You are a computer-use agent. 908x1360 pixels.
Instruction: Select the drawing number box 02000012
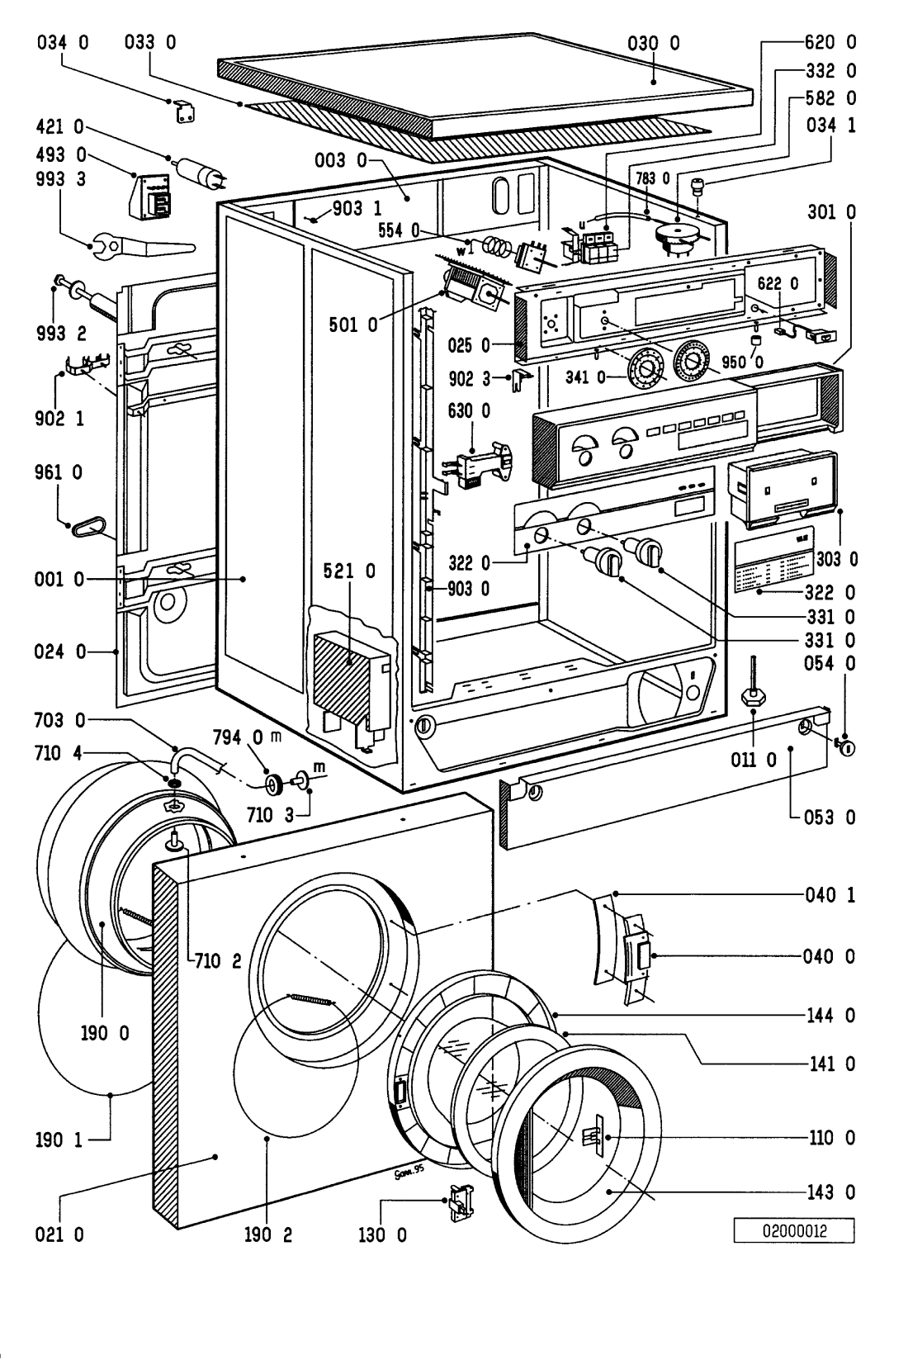(x=793, y=1233)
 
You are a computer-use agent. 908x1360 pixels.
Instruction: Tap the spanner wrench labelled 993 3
(x=140, y=245)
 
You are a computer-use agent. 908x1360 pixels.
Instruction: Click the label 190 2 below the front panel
(x=267, y=1235)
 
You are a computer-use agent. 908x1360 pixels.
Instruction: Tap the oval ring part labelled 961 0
(x=85, y=525)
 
